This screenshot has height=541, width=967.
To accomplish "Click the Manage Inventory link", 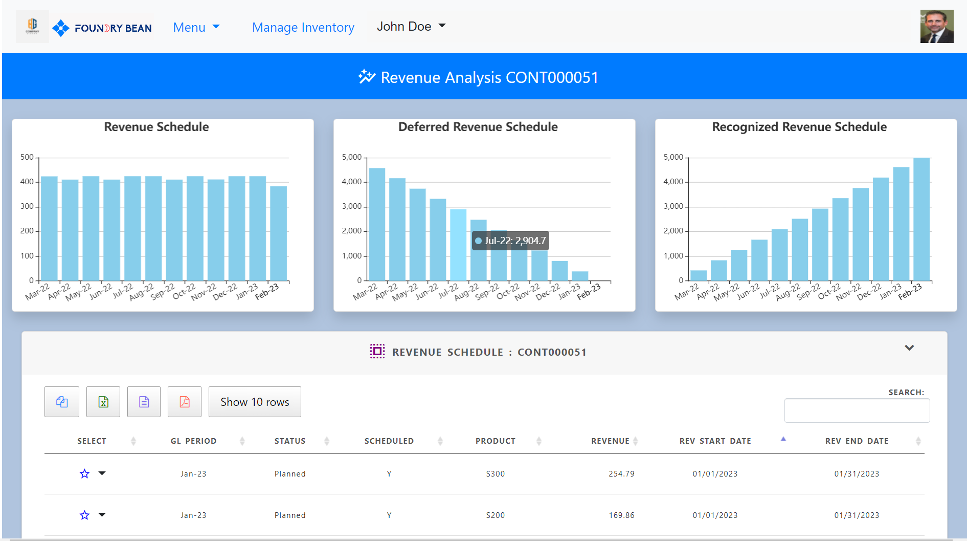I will coord(303,27).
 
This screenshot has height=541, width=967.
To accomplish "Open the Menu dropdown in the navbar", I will coord(196,27).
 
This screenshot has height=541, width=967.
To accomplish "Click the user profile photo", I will coord(936,27).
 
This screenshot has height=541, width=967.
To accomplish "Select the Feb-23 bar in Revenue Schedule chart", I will coord(278,233).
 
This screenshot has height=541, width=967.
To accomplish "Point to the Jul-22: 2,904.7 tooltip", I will coord(510,241).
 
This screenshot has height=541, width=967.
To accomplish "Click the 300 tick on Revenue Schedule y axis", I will coord(27,206).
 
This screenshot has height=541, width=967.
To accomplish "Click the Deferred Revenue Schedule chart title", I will coord(478,127).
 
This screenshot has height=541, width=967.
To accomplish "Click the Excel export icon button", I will coord(103,402).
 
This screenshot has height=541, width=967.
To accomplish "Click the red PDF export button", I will coord(185,402).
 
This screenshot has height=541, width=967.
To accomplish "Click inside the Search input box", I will coord(857,410).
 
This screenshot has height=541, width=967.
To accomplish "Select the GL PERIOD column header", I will coord(193,441).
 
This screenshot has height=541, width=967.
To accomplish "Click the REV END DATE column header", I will coord(857,441).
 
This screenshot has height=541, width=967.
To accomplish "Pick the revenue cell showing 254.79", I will coord(621,474).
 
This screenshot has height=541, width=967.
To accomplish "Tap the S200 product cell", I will coord(495,515).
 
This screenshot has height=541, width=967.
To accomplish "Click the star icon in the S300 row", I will coord(85,474).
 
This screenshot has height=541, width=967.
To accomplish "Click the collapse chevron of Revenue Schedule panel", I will coord(909,348).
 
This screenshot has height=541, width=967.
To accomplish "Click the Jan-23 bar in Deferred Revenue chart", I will coord(580,276).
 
